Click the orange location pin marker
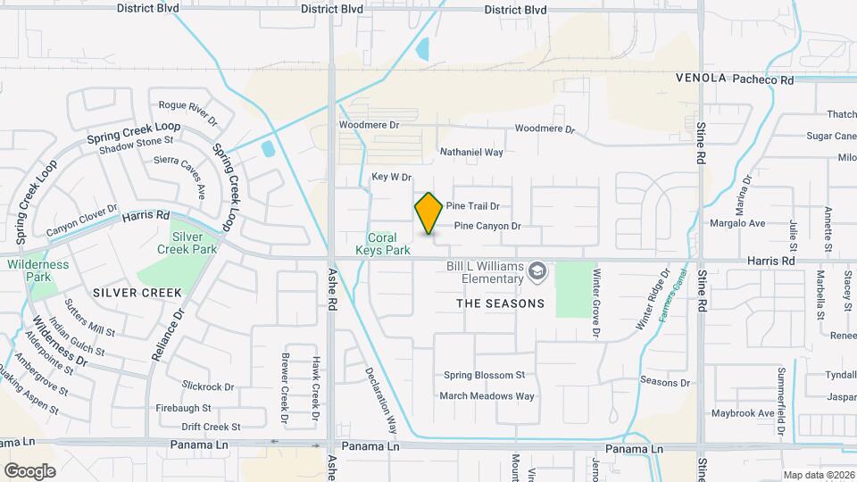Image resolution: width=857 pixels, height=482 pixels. [429, 213]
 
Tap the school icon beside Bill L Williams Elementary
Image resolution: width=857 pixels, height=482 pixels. [537, 270]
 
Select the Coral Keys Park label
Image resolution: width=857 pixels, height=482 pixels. [389, 245]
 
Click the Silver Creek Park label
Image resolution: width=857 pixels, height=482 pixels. [195, 244]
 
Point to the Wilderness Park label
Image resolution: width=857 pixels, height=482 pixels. [37, 270]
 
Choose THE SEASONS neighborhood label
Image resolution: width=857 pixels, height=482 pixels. [500, 303]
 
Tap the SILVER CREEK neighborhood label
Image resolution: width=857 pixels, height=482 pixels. [137, 293]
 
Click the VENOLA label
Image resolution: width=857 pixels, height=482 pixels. [701, 79]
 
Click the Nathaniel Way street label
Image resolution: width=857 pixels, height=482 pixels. [471, 153]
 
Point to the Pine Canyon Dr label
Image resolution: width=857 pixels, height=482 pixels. [487, 226]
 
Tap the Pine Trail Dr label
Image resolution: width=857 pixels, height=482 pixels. [472, 205]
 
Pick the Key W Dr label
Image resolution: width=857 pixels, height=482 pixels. [391, 178]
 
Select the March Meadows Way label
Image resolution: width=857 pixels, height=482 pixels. [487, 395]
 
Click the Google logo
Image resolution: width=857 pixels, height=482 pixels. [29, 470]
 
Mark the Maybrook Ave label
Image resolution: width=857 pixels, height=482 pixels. [742, 413]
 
